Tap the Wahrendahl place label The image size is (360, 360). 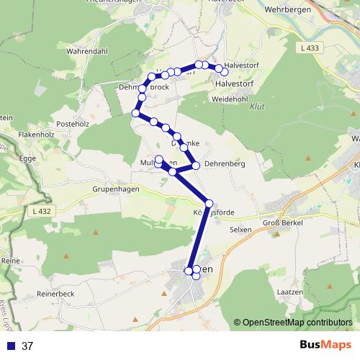[87, 52]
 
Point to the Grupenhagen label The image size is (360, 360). [114, 189]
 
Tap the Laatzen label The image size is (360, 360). [292, 292]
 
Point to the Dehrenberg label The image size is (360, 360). [225, 164]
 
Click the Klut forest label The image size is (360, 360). [257, 107]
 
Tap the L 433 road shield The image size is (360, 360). [308, 48]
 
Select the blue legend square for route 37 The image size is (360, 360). [10, 346]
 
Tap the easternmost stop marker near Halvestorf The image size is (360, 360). [225, 71]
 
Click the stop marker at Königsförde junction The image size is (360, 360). [210, 203]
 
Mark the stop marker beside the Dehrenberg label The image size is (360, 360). [196, 165]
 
